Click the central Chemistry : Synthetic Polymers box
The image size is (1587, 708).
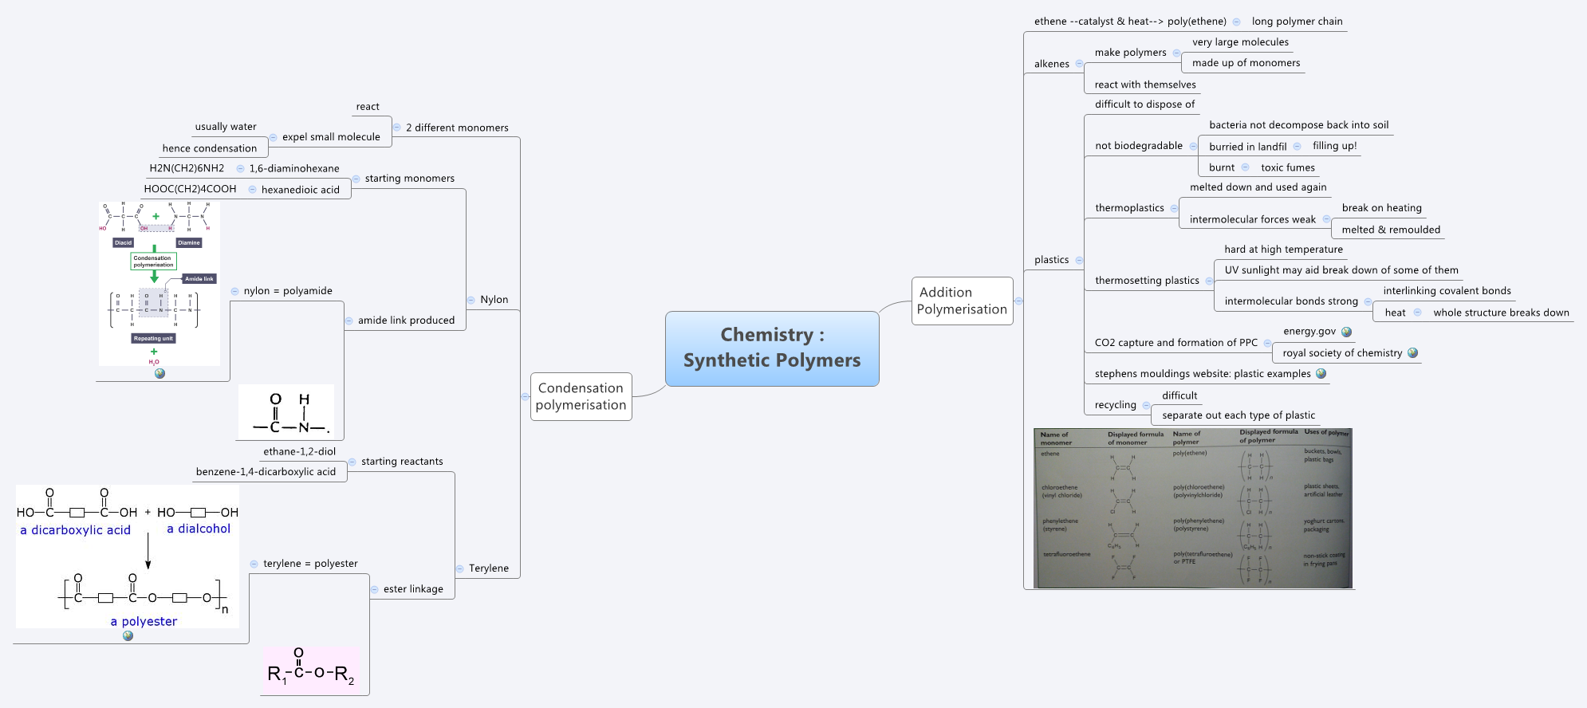tap(771, 348)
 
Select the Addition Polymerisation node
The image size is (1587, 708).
tap(962, 301)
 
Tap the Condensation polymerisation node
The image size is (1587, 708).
tap(581, 396)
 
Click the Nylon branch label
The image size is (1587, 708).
tap(494, 300)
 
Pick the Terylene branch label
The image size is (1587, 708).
tap(488, 568)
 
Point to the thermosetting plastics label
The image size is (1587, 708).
tap(1147, 281)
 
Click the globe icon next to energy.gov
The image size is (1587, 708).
tap(1347, 332)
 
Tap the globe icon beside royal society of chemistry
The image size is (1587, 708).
tap(1413, 352)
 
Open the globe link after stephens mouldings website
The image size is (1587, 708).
tap(1321, 373)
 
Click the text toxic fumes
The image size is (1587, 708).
tap(1287, 167)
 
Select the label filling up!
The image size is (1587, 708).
tap(1334, 146)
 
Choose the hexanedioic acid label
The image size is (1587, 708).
tap(300, 190)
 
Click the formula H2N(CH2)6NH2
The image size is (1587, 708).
tap(187, 168)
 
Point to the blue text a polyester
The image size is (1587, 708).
tap(144, 622)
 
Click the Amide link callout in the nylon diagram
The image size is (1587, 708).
tap(199, 279)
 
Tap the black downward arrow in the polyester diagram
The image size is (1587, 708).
tap(148, 552)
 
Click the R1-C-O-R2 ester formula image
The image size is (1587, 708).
tap(310, 670)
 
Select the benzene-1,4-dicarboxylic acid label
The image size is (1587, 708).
tap(266, 472)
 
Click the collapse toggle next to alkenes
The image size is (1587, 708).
tap(1079, 64)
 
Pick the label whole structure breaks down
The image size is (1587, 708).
tap(1501, 313)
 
